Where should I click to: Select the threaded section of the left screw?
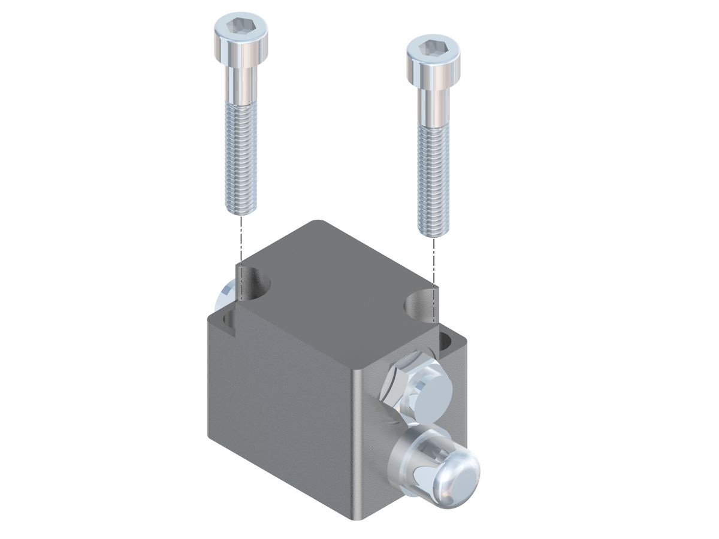coord(241,156)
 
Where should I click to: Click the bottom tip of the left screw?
coord(241,209)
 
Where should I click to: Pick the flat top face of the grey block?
coord(336,287)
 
